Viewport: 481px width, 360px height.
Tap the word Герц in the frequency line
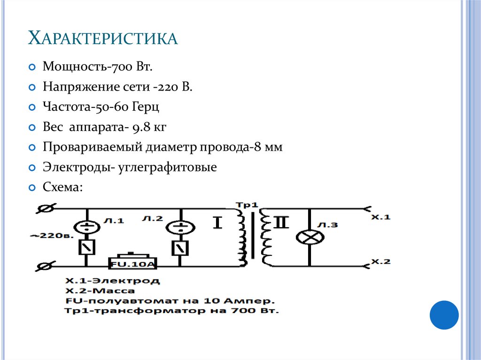(146, 107)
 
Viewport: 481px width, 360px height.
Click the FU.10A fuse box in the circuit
(132, 263)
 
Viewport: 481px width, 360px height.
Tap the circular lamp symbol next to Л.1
(86, 227)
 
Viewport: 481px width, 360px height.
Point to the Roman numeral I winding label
(217, 223)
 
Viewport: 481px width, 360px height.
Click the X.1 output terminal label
(380, 217)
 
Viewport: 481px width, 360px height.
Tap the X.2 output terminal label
(380, 261)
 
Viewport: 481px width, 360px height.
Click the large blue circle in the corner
(444, 315)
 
